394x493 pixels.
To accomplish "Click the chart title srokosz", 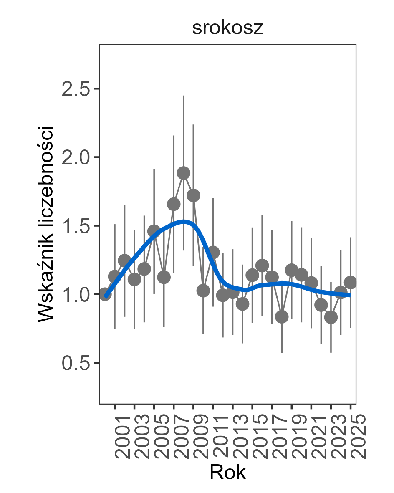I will point(228,28).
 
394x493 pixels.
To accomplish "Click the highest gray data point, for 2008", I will point(184,173).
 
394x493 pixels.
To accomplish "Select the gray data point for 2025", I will point(351,282).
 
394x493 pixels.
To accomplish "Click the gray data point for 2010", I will point(203,291).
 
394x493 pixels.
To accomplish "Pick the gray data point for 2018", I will point(282,317).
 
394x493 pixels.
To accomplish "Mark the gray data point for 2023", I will point(331,317).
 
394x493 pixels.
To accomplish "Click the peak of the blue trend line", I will point(184,221).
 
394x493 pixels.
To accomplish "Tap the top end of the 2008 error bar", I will point(184,96).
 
